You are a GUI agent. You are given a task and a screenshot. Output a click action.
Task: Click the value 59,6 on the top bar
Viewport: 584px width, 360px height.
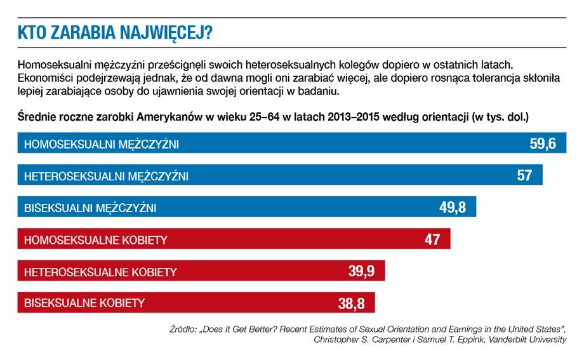pos(543,143)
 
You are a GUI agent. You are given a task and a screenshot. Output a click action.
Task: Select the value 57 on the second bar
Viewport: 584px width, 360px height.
pos(524,175)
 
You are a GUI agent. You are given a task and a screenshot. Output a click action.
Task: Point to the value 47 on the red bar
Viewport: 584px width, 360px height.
pos(432,240)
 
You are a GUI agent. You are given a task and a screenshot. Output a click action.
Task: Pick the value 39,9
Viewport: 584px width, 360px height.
pos(361,272)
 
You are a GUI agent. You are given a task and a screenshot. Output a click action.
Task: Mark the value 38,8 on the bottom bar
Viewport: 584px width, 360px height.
pos(351,303)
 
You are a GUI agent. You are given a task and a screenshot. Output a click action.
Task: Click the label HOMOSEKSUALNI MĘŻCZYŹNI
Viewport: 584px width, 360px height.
pos(102,144)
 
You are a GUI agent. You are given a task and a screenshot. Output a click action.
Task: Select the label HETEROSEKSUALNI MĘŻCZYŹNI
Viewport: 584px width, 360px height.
pos(106,176)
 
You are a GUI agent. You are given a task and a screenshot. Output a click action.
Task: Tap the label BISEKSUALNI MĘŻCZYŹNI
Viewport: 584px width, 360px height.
pos(90,208)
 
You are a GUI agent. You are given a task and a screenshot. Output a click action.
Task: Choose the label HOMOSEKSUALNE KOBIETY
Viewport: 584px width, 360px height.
pos(95,240)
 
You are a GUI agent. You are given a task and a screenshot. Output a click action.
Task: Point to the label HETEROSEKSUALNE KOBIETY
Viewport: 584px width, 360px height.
pos(100,272)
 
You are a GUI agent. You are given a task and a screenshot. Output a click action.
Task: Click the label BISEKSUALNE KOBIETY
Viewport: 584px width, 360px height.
pos(84,303)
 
